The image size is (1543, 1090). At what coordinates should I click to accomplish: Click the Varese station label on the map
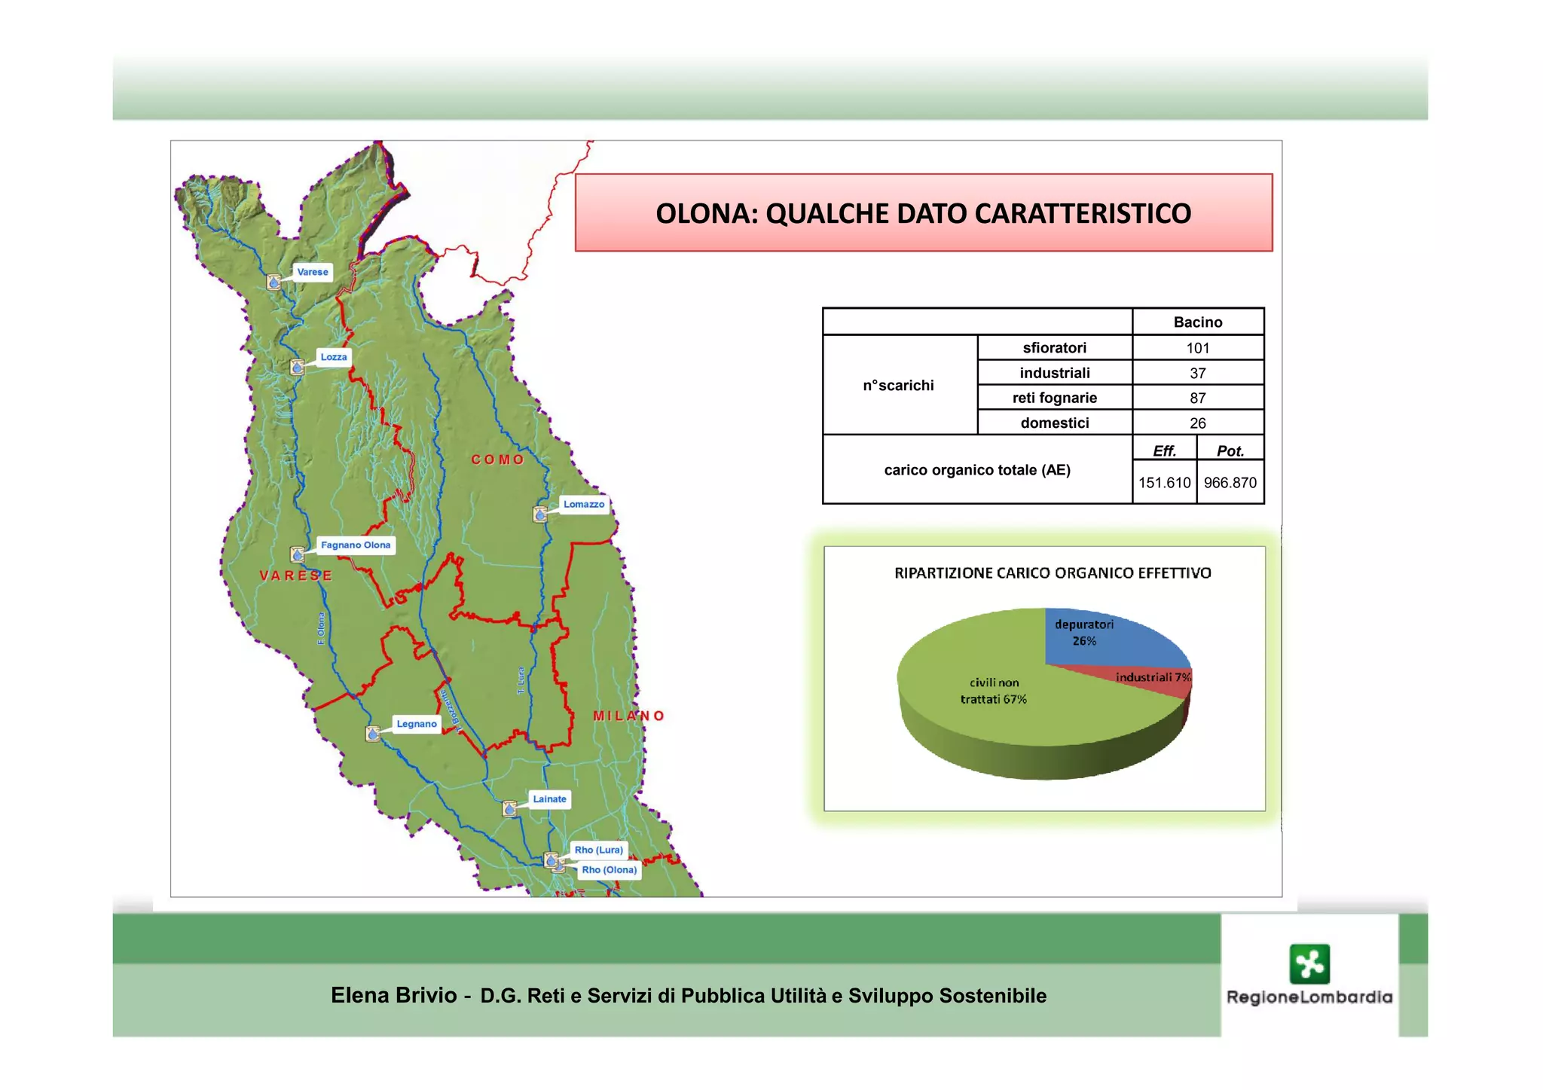tap(313, 272)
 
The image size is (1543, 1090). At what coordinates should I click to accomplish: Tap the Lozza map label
tap(334, 357)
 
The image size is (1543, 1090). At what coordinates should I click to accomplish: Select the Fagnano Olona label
tap(356, 545)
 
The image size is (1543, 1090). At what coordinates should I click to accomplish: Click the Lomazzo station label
tap(584, 504)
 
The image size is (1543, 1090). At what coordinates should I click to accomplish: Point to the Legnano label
tap(417, 724)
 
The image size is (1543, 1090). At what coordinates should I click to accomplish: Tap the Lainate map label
tap(549, 799)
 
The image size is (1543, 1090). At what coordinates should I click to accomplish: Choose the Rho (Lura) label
tap(599, 850)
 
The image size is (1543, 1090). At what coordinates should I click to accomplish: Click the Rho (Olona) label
tap(609, 870)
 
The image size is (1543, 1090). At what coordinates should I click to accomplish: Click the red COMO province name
tap(497, 460)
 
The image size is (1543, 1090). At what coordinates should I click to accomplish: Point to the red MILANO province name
tap(628, 716)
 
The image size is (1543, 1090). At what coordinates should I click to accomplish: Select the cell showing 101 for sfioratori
tap(1197, 348)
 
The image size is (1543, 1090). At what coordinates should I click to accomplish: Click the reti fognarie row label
tap(1054, 398)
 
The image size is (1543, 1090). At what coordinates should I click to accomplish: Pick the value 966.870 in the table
tap(1230, 483)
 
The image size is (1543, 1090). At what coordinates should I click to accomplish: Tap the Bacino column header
tap(1197, 322)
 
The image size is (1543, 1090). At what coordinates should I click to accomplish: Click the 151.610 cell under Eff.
tap(1164, 483)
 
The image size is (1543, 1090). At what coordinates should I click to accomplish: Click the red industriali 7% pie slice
tap(1160, 682)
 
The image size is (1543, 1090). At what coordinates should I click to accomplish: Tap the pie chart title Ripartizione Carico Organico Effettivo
tap(1053, 573)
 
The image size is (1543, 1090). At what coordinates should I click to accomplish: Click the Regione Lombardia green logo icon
tap(1309, 963)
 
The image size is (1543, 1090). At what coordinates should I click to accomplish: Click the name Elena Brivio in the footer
tap(393, 996)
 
